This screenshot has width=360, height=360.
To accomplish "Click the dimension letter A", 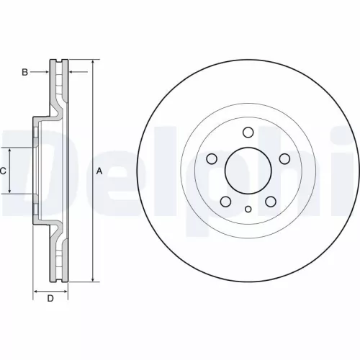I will [x=99, y=171].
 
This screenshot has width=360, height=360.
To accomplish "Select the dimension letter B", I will [x=24, y=72].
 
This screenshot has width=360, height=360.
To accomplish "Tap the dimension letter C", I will [x=4, y=171].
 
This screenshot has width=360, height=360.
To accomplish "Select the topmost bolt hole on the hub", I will [x=247, y=132].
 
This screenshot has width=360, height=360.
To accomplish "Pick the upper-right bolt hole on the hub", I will [x=284, y=159].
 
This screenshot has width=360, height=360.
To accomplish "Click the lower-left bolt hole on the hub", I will [x=225, y=202].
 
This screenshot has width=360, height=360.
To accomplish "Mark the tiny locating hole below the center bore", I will [x=247, y=210].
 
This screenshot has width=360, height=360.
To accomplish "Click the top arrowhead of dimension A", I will [x=92, y=63].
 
